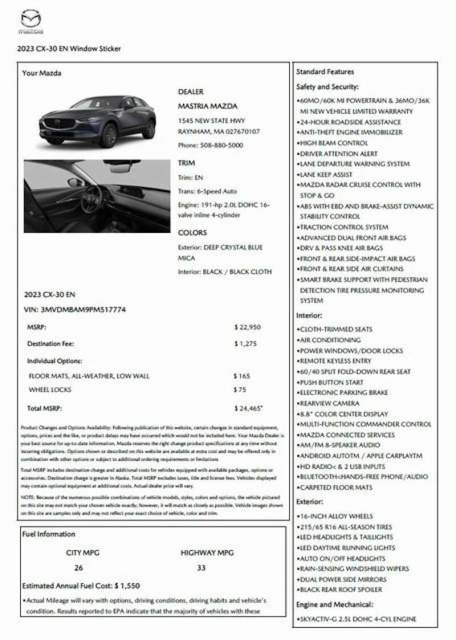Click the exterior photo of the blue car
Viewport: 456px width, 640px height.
97,121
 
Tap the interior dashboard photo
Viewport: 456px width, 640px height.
97,196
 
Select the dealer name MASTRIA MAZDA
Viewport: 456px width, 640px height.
207,106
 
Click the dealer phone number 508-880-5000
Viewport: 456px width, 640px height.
210,145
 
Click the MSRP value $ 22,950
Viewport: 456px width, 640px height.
247,327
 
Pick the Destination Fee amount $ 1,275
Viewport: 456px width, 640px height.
246,344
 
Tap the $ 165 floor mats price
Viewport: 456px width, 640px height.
242,376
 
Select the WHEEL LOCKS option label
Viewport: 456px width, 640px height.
50,390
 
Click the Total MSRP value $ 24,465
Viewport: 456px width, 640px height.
248,409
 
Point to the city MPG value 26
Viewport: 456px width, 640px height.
79,568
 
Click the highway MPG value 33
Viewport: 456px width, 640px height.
202,568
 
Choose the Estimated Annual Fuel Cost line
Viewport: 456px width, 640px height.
81,585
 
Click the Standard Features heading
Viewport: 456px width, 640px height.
325,72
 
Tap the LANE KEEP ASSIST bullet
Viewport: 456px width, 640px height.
326,174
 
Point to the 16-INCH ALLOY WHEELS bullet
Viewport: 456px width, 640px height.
336,516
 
